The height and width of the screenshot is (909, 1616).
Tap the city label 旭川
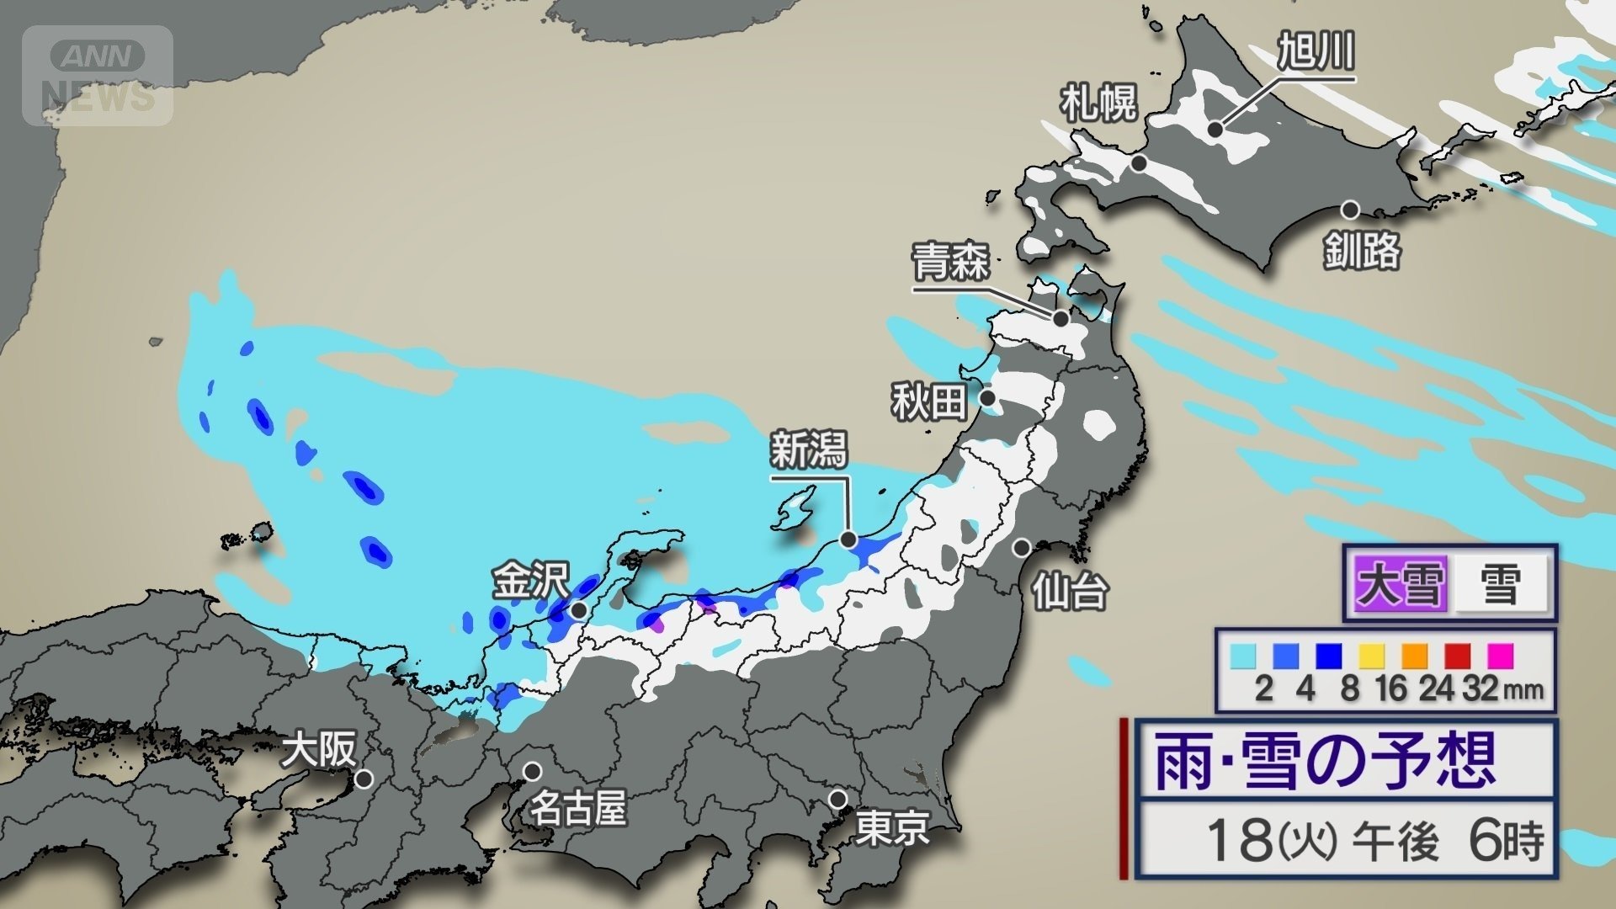(x=1316, y=52)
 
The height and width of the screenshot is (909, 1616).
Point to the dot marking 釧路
(x=1351, y=210)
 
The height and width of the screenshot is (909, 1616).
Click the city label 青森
(x=951, y=262)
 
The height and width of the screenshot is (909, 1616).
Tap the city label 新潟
(x=809, y=449)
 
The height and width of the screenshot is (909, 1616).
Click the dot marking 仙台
(x=1021, y=548)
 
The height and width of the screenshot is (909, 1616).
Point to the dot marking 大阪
(x=364, y=779)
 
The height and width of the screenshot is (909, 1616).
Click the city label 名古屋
(x=577, y=810)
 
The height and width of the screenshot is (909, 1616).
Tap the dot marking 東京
(x=837, y=799)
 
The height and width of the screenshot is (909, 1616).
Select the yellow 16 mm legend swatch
(x=1372, y=656)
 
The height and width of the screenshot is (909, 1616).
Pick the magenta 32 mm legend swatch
(x=1501, y=656)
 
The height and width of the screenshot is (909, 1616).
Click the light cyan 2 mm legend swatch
(x=1243, y=656)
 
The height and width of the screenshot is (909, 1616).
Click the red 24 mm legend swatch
(x=1458, y=656)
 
